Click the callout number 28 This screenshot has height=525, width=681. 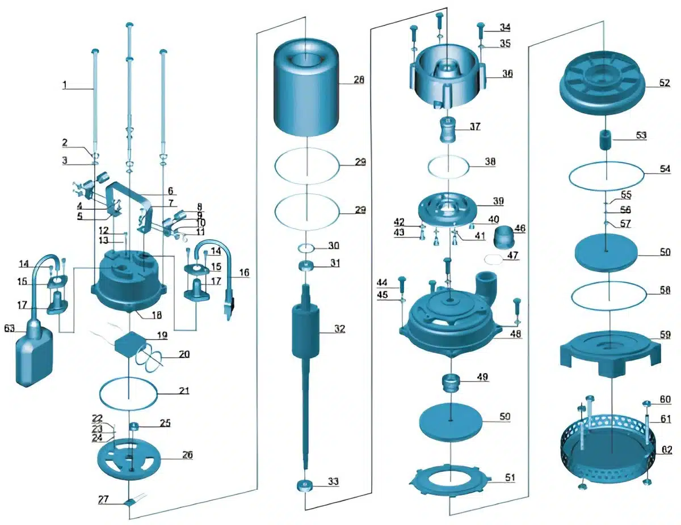click(359, 80)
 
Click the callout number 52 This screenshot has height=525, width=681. click(665, 83)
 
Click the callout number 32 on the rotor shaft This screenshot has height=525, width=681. click(339, 329)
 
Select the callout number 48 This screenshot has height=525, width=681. click(515, 334)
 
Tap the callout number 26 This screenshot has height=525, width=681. click(187, 455)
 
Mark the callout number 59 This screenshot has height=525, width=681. click(665, 335)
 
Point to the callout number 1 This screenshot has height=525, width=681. click(65, 85)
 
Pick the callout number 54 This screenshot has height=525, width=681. click(665, 169)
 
